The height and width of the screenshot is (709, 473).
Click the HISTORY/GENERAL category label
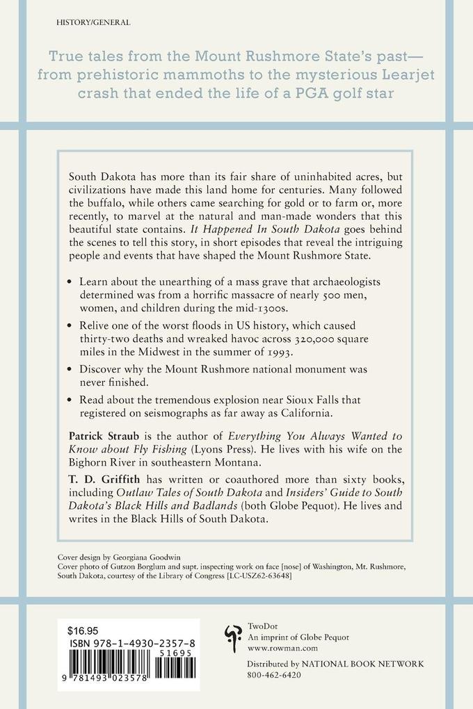coord(92,23)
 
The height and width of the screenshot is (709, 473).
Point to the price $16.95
coord(83,631)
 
